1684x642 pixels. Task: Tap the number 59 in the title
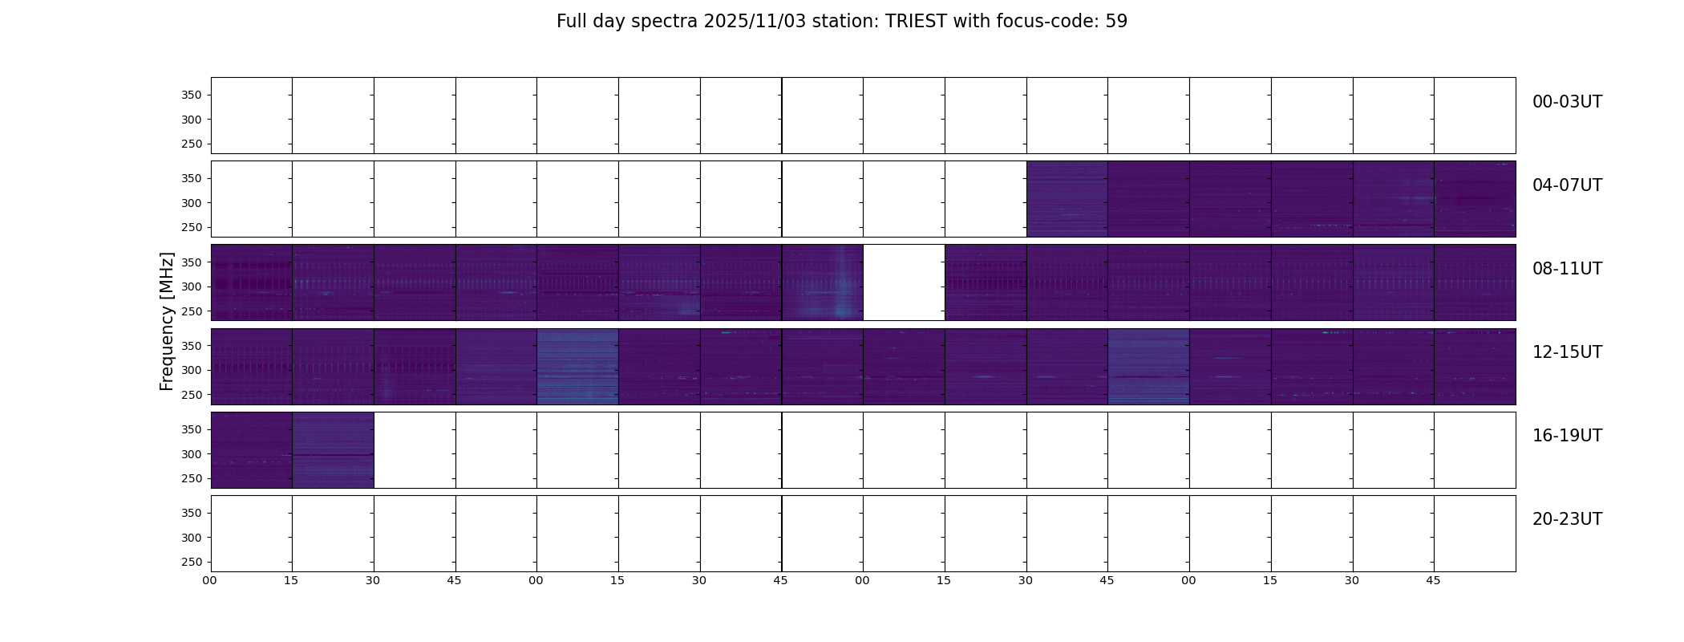click(x=1116, y=22)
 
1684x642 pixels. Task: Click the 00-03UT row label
click(x=1567, y=102)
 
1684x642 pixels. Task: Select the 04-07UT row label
click(x=1567, y=185)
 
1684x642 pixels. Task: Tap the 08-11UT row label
click(x=1567, y=269)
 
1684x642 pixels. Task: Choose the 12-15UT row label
click(x=1567, y=352)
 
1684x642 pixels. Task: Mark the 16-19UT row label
click(x=1567, y=436)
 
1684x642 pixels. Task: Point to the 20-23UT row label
click(x=1567, y=519)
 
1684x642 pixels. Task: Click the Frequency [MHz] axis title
click(x=167, y=321)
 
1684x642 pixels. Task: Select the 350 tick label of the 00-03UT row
click(x=191, y=95)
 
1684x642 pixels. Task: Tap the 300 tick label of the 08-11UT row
click(x=191, y=286)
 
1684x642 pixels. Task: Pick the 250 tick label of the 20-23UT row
click(x=191, y=562)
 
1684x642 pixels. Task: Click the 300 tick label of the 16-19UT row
click(x=191, y=454)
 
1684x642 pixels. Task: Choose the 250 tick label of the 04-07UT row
click(x=191, y=227)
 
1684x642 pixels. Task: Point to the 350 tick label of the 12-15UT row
click(x=191, y=346)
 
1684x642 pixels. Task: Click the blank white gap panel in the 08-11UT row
click(x=904, y=282)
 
